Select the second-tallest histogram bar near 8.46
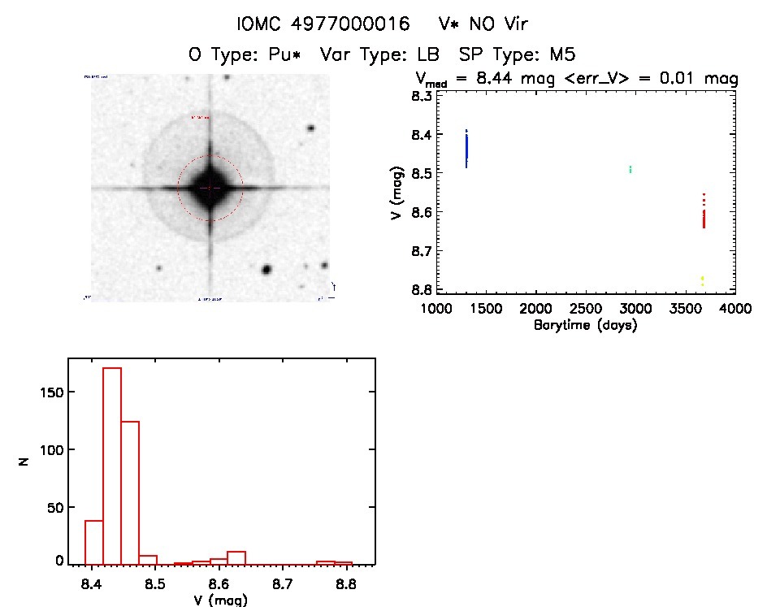[130, 492]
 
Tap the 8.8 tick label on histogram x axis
[347, 583]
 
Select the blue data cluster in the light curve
[466, 149]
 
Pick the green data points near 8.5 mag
[630, 170]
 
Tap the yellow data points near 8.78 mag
[702, 280]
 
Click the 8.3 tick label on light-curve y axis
[421, 96]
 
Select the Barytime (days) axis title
[585, 326]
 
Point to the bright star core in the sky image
[210, 188]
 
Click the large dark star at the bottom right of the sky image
[266, 270]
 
